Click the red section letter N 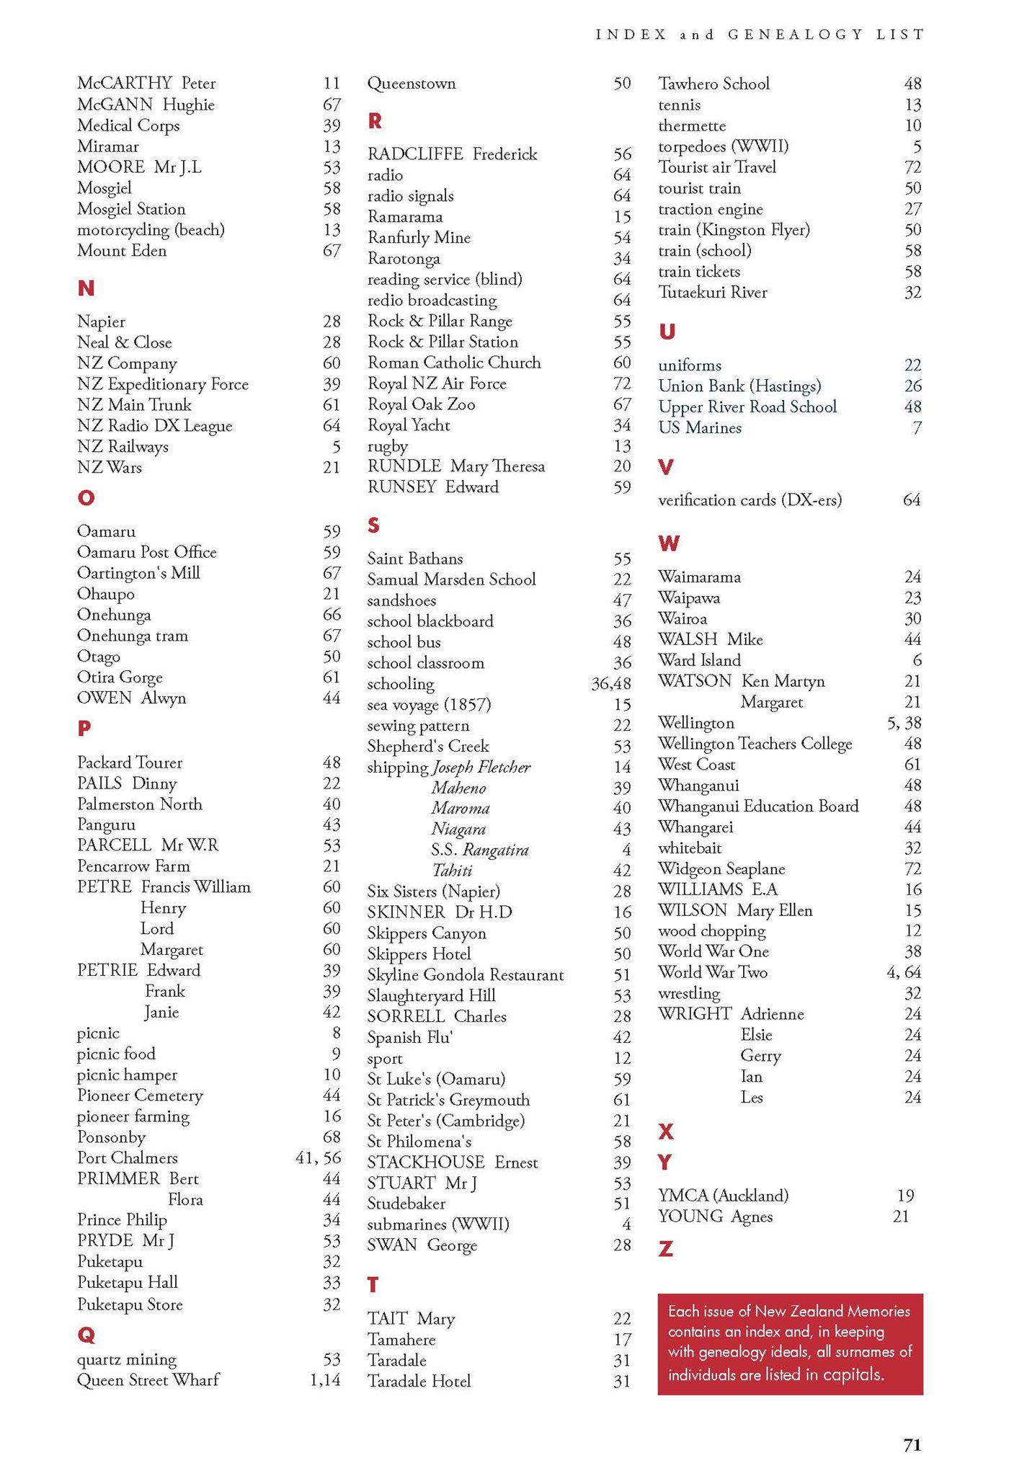click(x=86, y=288)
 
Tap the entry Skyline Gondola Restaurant click(x=465, y=975)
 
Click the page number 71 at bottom click(x=912, y=1444)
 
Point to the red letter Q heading click(x=86, y=1335)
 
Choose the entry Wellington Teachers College click(x=755, y=744)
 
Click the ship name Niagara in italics click(x=458, y=830)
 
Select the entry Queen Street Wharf click(x=148, y=1380)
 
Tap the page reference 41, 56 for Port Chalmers click(x=318, y=1158)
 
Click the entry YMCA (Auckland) click(x=723, y=1196)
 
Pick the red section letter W click(x=668, y=543)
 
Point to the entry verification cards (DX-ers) click(x=750, y=500)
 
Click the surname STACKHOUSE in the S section click(x=425, y=1162)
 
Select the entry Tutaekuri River click(x=712, y=293)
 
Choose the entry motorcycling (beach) click(x=151, y=230)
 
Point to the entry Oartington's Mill click(x=138, y=573)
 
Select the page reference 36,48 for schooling click(x=610, y=684)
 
